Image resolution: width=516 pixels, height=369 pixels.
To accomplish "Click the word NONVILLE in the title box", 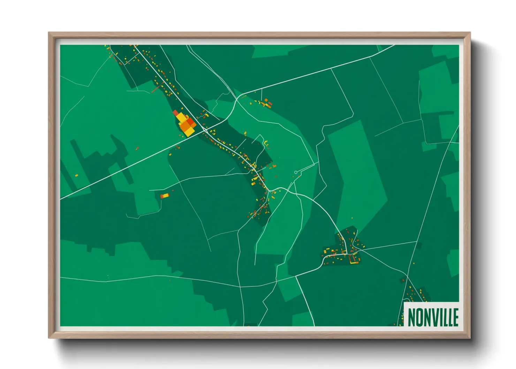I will pos(433,317).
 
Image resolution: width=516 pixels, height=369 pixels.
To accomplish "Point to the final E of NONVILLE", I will pos(455,317).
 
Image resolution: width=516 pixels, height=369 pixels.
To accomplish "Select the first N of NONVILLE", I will pos(411,317).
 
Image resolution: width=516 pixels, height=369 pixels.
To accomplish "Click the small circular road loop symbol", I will pos(296,172).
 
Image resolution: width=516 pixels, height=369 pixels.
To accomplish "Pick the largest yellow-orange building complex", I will pos(185,124).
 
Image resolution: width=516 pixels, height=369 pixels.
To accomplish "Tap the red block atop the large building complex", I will pos(175,112).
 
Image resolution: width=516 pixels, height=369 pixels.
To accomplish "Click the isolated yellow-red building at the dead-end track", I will pos(164,196).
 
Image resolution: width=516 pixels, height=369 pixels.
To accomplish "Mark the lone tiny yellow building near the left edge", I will pos(76,175).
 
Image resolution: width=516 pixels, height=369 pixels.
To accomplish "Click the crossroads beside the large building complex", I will pos(204,130).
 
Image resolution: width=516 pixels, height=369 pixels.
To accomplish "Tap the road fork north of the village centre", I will pos(237,98).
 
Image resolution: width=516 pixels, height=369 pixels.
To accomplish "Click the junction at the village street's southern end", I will pos(270,191).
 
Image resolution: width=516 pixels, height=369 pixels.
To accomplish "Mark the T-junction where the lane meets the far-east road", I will pos(417,241).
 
